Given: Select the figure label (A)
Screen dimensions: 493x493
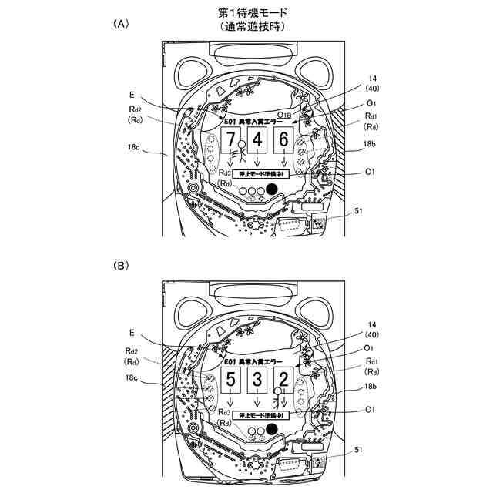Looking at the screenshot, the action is (x=121, y=24).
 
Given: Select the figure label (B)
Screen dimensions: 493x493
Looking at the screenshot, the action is (x=121, y=265).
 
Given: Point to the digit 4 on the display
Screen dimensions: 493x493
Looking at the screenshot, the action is (x=257, y=139).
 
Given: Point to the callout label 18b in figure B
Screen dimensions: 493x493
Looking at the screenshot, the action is (x=371, y=386).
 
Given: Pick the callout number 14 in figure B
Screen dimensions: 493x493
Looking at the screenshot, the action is (x=372, y=327).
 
